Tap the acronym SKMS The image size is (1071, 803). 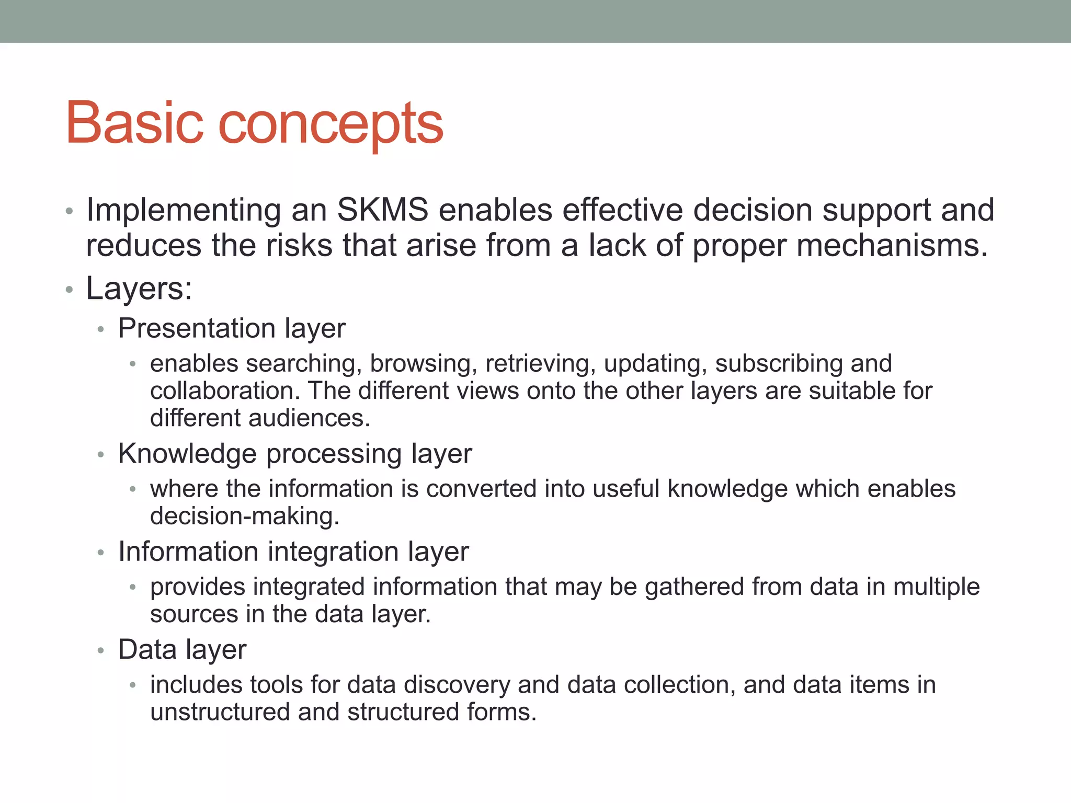(x=382, y=210)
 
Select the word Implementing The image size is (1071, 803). (x=184, y=211)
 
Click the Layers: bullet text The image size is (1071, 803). (x=139, y=289)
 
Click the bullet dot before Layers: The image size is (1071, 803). (x=69, y=290)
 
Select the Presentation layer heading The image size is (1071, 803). (x=232, y=329)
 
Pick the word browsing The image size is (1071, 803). (x=423, y=364)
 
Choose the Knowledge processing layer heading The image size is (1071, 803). (x=295, y=454)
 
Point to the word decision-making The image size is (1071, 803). (x=244, y=517)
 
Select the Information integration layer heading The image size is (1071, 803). (x=293, y=552)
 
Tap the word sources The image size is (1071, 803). (x=193, y=614)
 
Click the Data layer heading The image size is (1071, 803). (x=182, y=650)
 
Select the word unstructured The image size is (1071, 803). (x=220, y=713)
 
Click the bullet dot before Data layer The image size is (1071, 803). (x=101, y=651)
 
